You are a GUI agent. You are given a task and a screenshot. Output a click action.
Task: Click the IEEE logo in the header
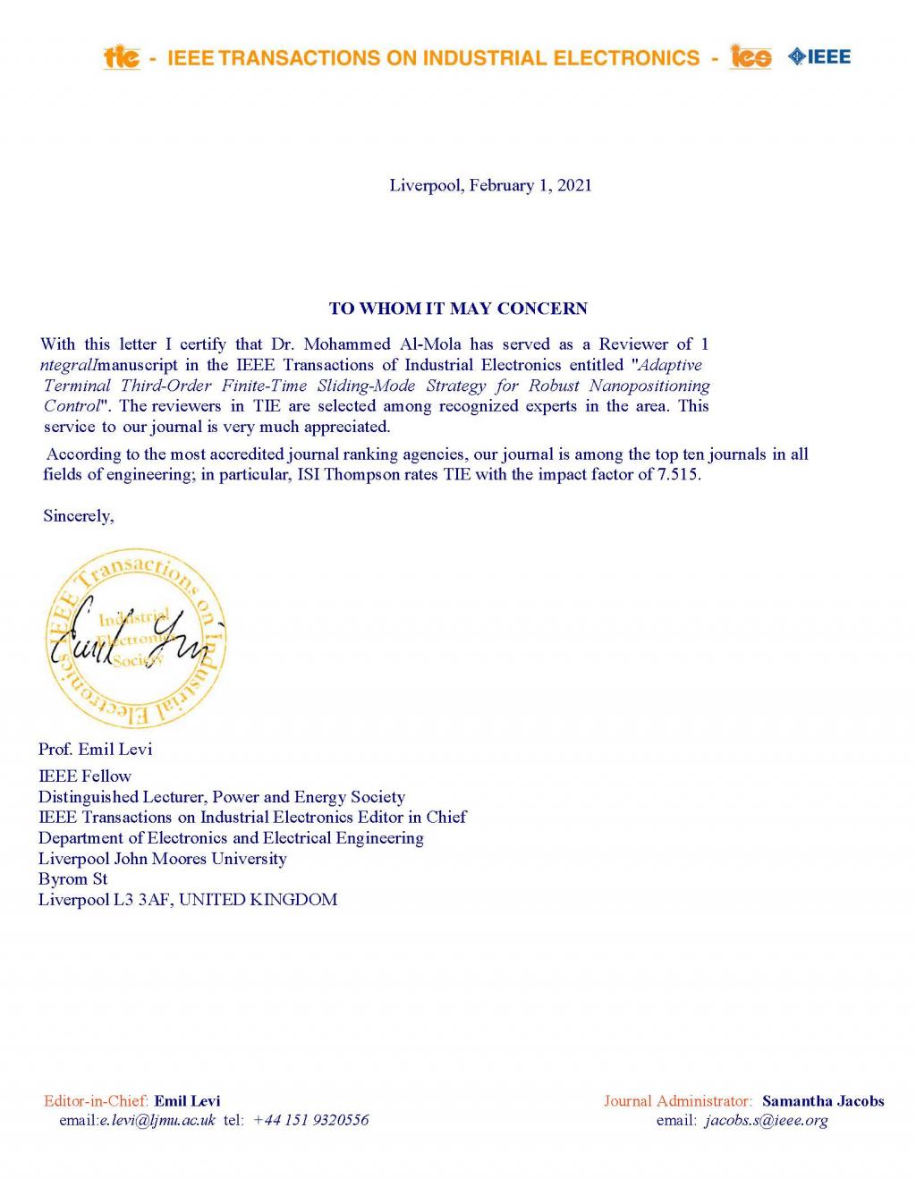coord(818,57)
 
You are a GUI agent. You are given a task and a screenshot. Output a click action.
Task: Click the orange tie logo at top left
coord(122,57)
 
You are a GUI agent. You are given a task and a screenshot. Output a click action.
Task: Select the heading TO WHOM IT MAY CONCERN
coord(458,309)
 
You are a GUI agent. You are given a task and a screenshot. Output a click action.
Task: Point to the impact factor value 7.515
coord(678,475)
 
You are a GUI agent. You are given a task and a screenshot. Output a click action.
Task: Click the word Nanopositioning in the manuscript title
coord(649,386)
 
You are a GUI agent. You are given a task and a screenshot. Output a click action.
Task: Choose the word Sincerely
coord(78,516)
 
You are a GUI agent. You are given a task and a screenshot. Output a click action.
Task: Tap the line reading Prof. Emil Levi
coord(95,749)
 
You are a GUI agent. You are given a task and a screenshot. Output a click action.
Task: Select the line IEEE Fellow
coord(84,776)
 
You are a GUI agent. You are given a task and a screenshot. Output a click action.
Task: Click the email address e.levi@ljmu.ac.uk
coord(157,1121)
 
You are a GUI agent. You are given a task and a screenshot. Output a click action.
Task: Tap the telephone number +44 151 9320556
coord(310,1121)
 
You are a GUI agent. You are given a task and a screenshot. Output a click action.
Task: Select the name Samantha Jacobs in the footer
coord(822,1101)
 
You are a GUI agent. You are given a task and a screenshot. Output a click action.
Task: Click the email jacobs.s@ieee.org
coord(767,1121)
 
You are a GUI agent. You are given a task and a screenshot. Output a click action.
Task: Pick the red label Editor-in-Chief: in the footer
coord(96,1101)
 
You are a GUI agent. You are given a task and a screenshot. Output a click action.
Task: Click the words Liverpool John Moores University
coord(162,859)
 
